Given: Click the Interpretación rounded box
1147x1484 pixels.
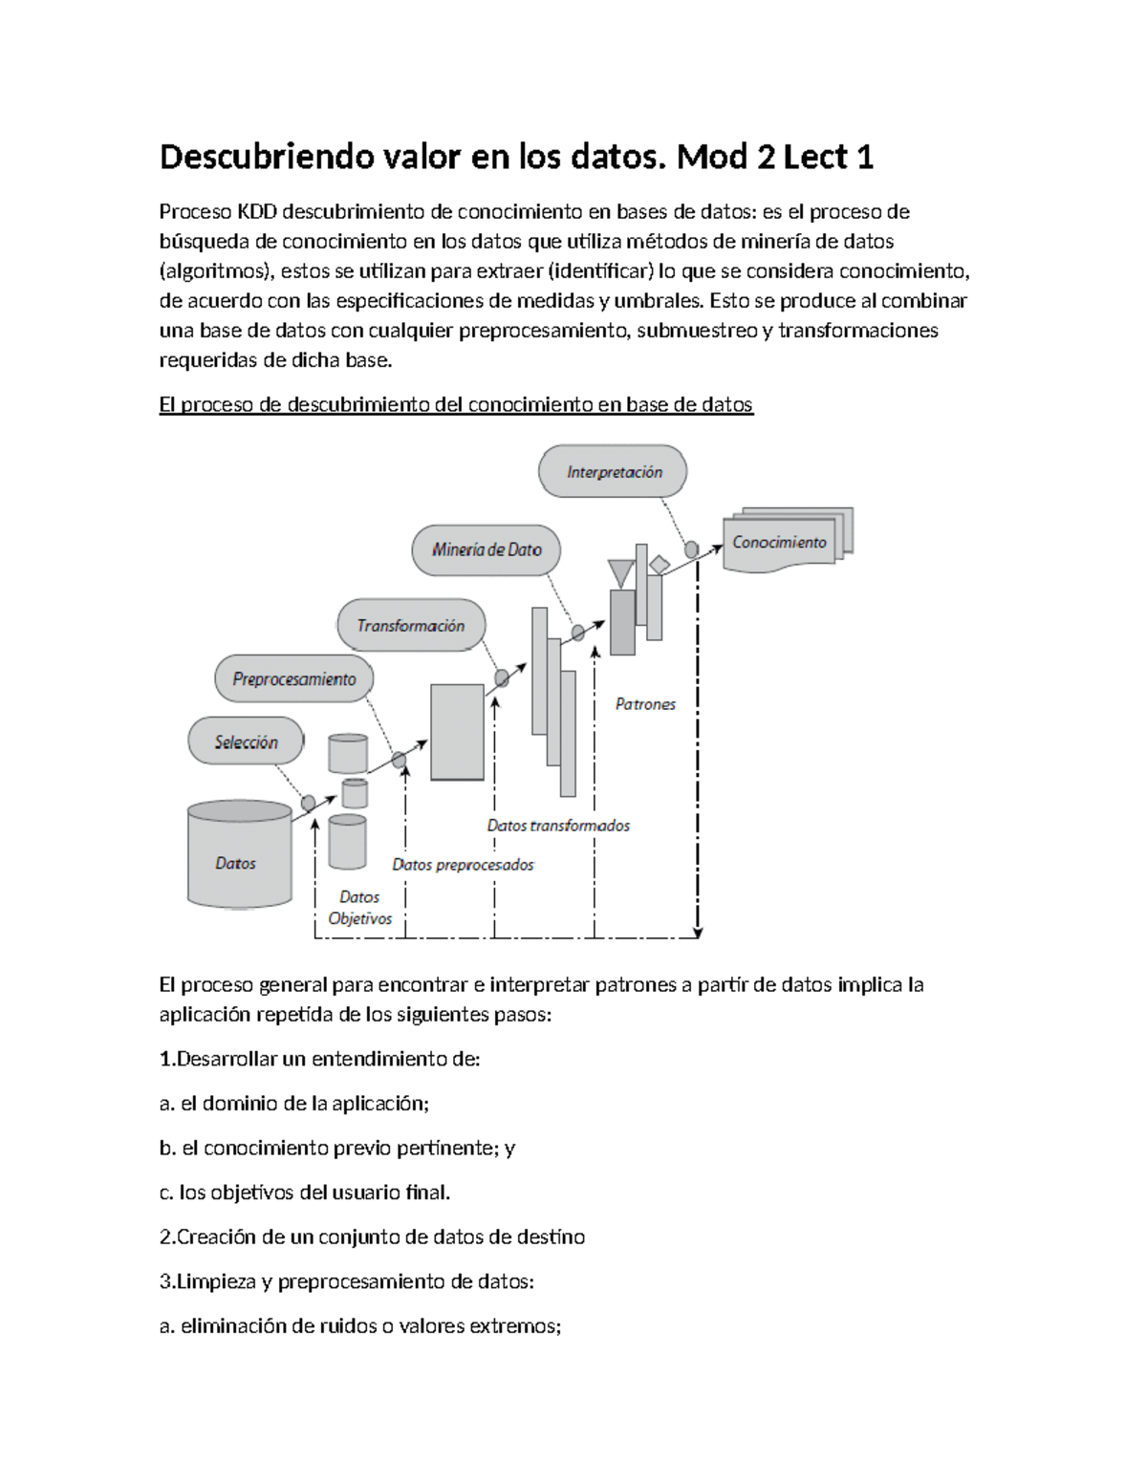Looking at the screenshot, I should click(x=613, y=471).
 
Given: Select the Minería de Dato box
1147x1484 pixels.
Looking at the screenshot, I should click(x=486, y=549).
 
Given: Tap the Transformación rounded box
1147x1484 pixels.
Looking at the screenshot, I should click(x=410, y=626).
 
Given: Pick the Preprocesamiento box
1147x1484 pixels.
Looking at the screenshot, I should click(x=293, y=679).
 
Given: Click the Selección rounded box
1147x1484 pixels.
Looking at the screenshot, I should click(x=246, y=742).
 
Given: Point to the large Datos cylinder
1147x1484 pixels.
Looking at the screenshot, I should click(x=239, y=854).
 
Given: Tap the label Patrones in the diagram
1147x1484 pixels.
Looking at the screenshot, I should click(x=645, y=704).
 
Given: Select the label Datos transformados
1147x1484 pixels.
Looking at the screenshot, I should click(x=558, y=826).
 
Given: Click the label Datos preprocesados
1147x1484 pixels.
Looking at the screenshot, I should click(x=463, y=865).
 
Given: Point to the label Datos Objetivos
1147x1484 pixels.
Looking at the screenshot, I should click(x=359, y=908).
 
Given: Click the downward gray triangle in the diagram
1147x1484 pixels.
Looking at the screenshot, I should click(x=621, y=573).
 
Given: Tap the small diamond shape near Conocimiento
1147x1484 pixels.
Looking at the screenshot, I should click(x=659, y=565).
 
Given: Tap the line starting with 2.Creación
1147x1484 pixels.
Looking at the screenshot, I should click(x=372, y=1237).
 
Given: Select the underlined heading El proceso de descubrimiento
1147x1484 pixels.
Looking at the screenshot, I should click(x=456, y=404).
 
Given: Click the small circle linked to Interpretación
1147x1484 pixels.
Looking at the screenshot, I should click(x=691, y=549).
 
